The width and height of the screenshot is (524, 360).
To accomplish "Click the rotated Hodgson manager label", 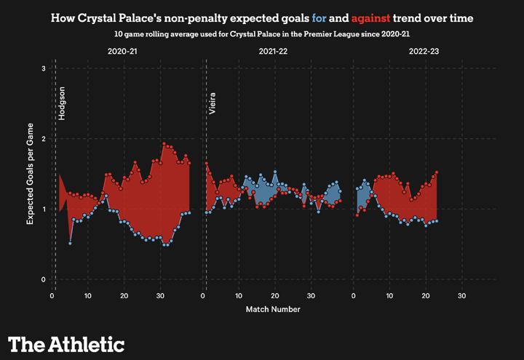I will click(x=63, y=103).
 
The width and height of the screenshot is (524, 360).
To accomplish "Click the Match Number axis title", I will click(x=273, y=309).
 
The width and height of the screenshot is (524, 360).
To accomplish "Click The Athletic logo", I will click(x=66, y=343).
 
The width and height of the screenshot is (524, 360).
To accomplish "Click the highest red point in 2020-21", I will click(x=164, y=144).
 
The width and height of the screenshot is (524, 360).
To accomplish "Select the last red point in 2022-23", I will click(x=436, y=172).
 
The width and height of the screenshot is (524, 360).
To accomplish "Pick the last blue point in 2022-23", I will click(x=436, y=220).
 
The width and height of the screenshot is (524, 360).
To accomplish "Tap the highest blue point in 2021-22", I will click(x=275, y=172).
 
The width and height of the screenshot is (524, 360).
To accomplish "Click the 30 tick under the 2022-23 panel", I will click(x=461, y=296).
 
